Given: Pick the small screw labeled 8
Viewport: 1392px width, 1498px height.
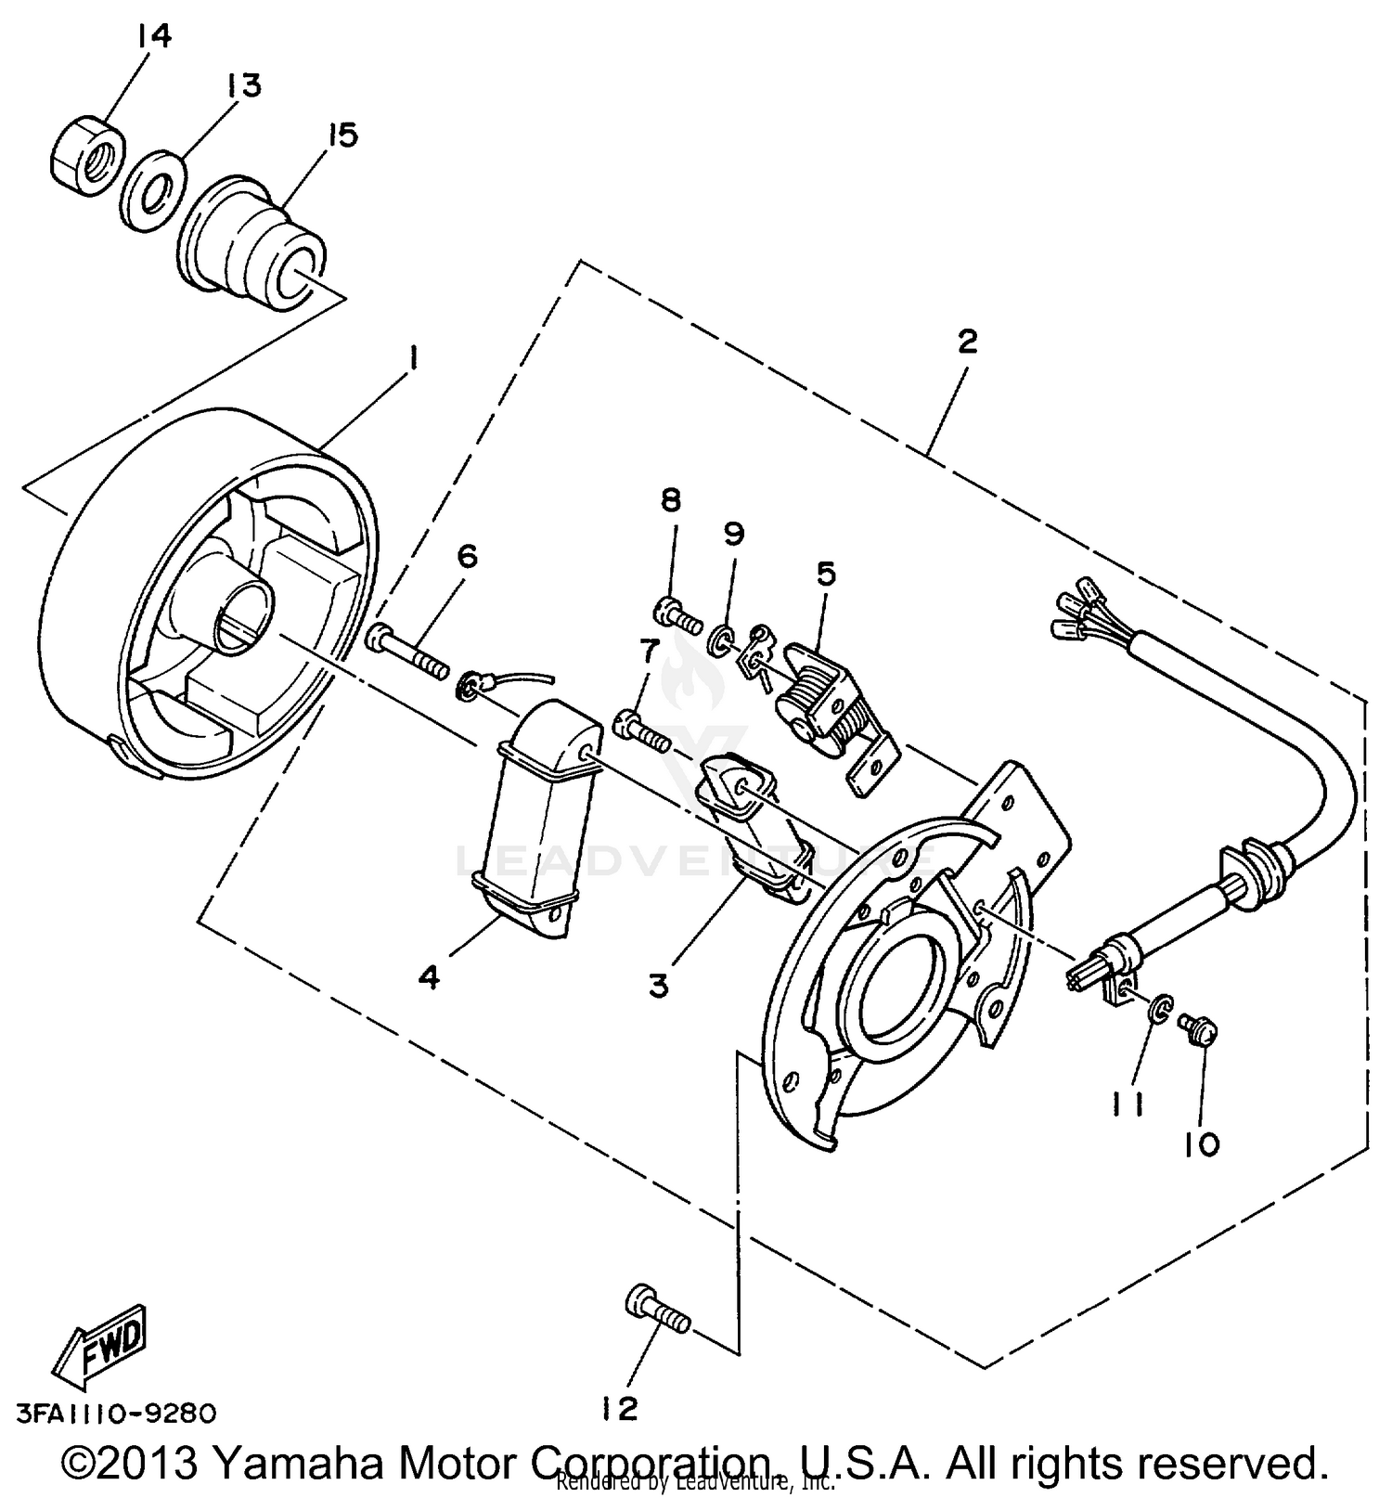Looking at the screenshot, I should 677,613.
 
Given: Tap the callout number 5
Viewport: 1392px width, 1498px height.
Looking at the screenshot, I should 826,573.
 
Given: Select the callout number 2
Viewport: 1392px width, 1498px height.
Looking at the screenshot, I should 967,342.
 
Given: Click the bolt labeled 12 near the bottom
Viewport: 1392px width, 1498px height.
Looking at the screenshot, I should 657,1309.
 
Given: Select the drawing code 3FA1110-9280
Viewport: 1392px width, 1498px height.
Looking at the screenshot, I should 116,1414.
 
